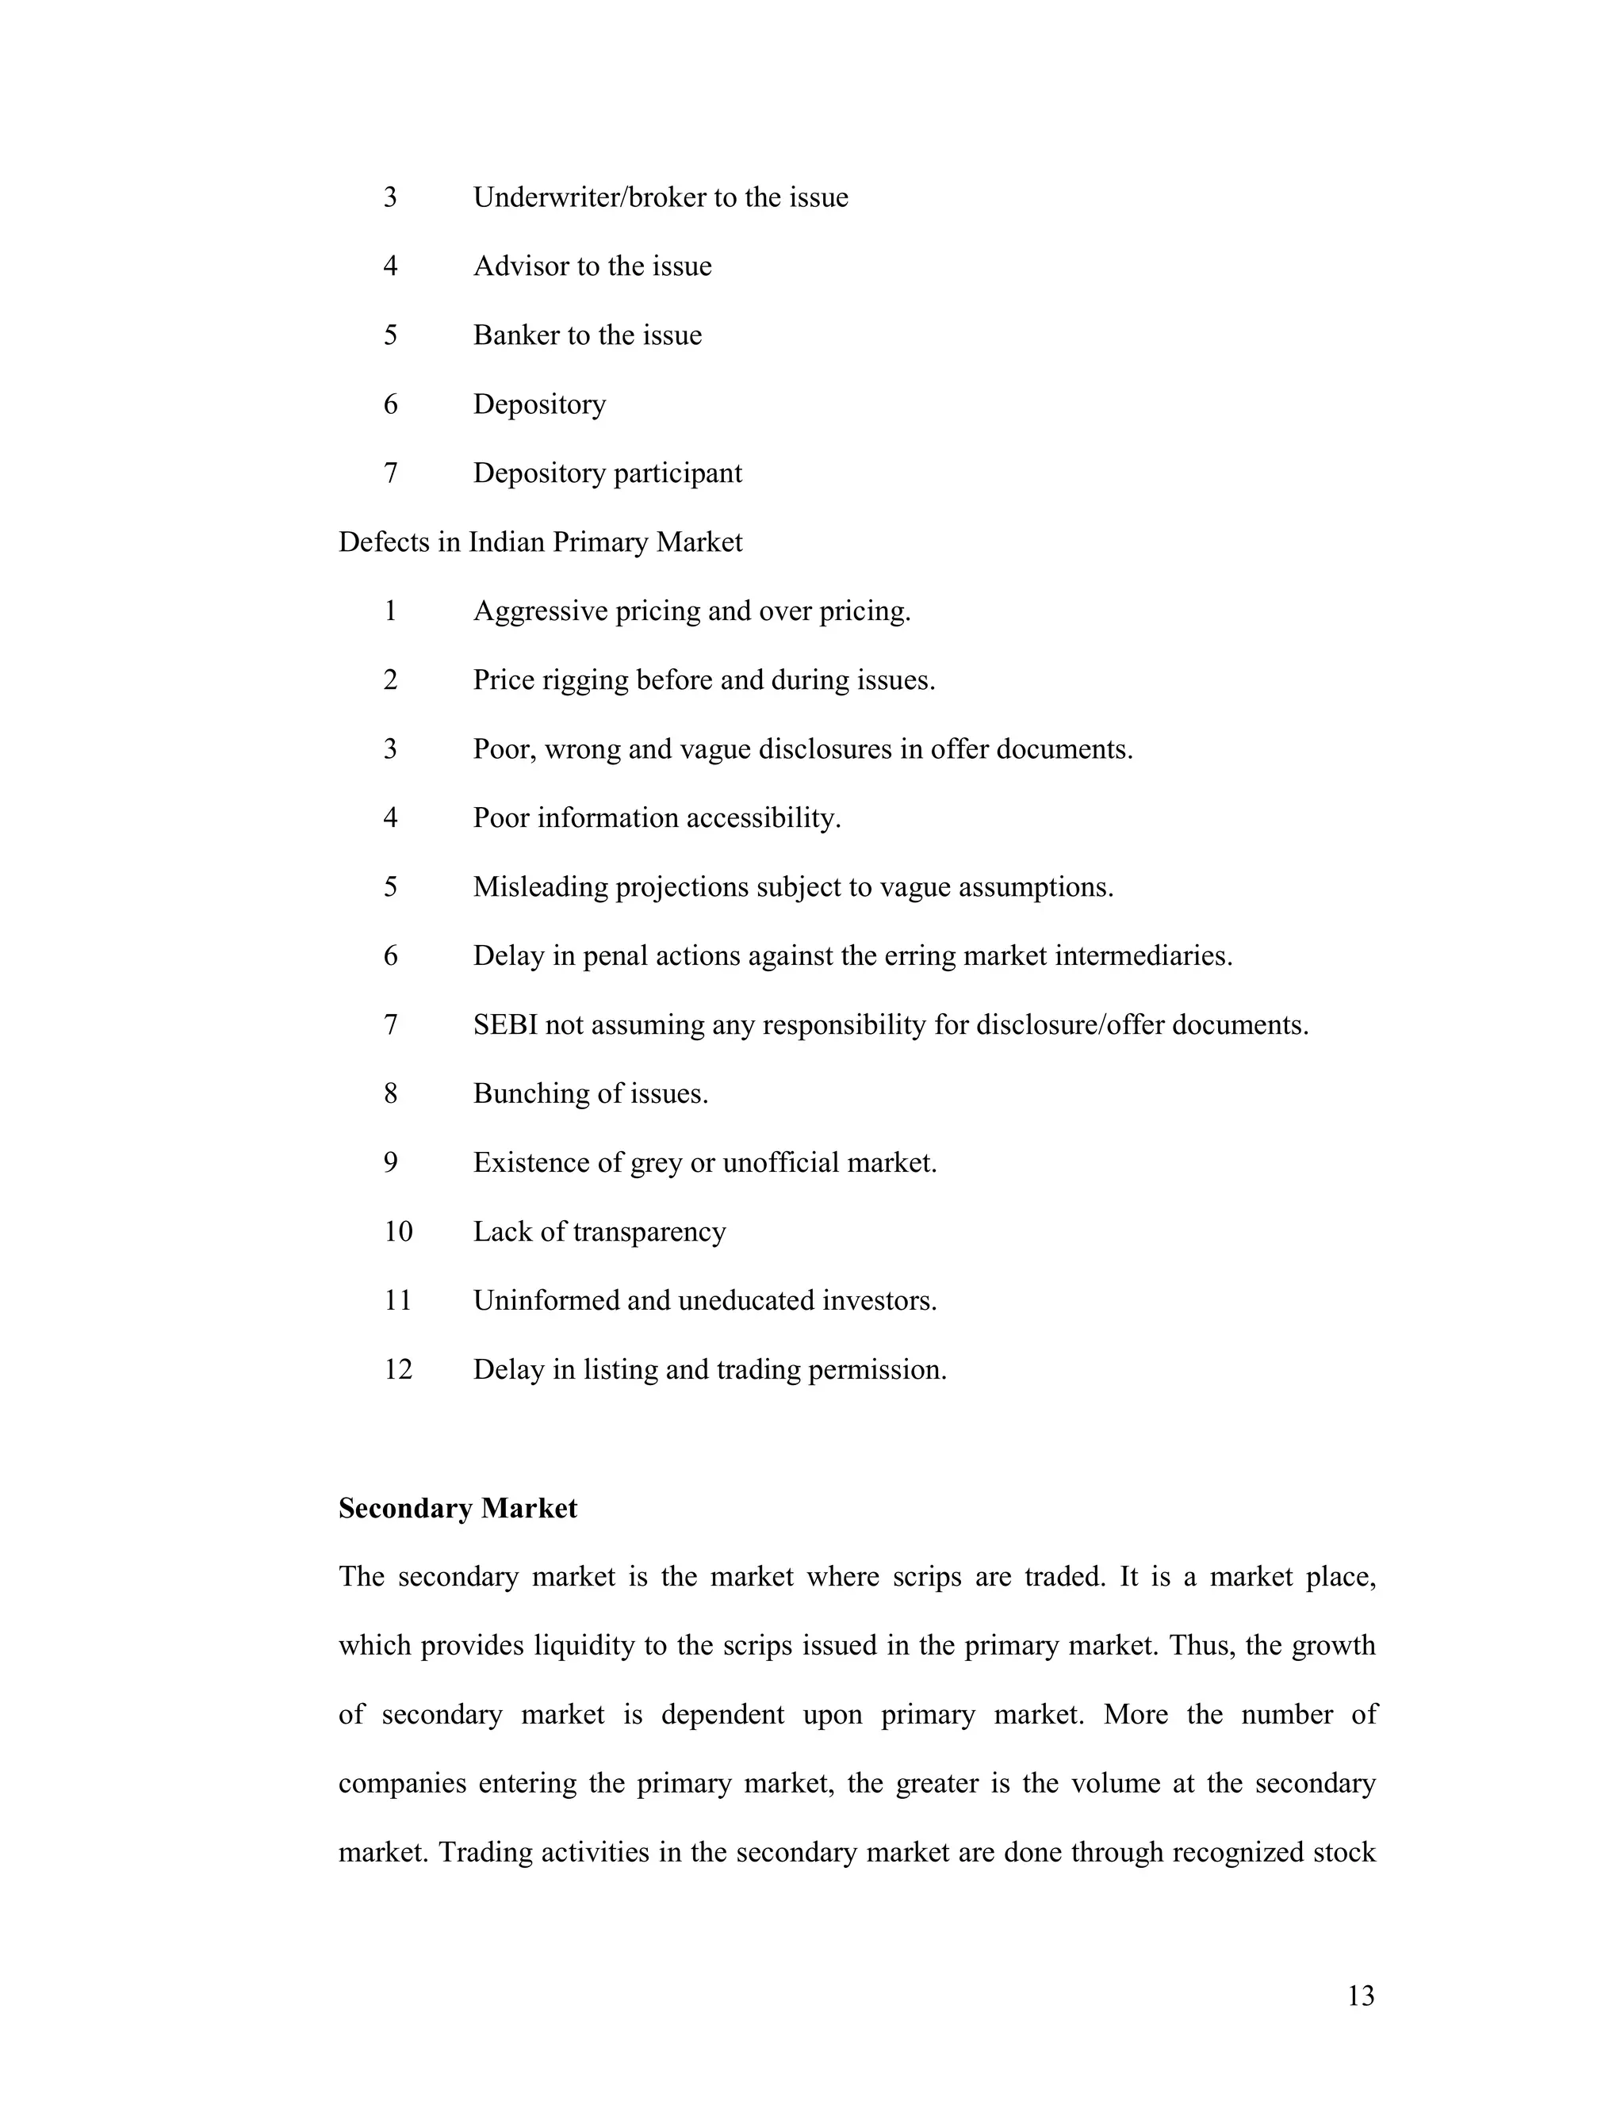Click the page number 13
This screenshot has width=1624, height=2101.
(x=1361, y=1996)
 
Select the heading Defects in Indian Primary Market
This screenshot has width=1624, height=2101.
(x=540, y=542)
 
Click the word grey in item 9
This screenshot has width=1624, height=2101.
(x=656, y=1164)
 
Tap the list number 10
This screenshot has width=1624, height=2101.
(x=397, y=1232)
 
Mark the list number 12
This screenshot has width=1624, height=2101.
(x=397, y=1370)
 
